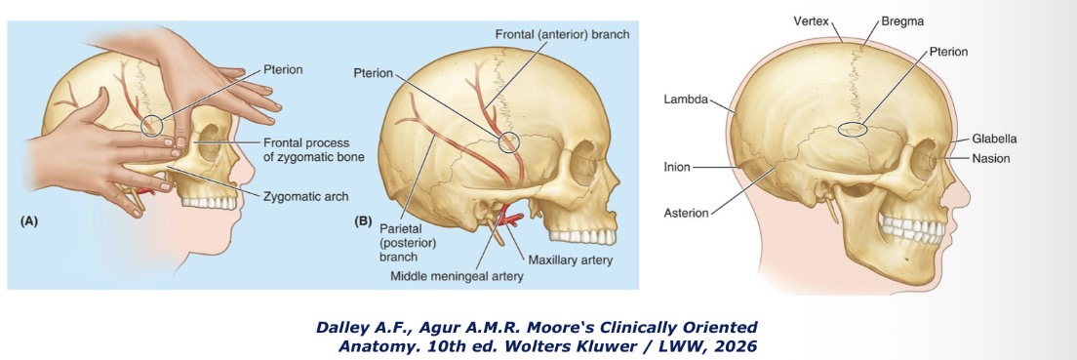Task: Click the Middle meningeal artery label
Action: point(457,276)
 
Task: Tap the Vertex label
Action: point(813,20)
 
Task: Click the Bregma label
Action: point(901,20)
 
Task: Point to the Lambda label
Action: point(685,99)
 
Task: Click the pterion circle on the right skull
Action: point(853,129)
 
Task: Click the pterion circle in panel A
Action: point(152,124)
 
